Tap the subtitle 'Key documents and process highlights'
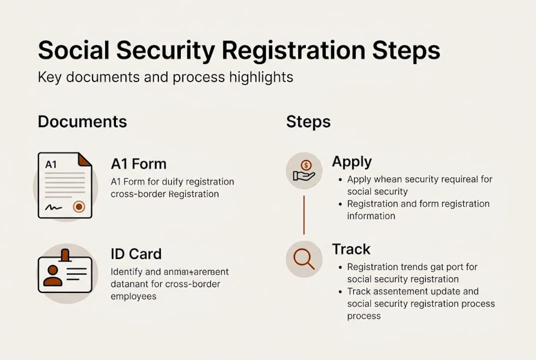pos(165,77)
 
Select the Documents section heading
pos(82,121)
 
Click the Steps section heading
pos(308,121)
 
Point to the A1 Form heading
pos(138,163)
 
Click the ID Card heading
pos(136,253)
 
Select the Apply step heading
pos(352,161)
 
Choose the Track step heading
pos(351,249)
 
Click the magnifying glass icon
pos(304,259)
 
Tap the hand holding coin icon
pos(304,171)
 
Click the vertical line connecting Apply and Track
pos(304,215)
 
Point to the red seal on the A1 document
pos(78,206)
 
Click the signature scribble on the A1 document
pos(53,206)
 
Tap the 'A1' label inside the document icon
pos(51,164)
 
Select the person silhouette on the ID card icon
pos(52,275)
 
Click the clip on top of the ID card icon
pos(65,255)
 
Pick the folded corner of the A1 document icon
pos(85,159)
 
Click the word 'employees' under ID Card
pos(133,296)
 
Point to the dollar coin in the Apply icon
pos(306,165)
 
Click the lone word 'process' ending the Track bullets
pos(364,315)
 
